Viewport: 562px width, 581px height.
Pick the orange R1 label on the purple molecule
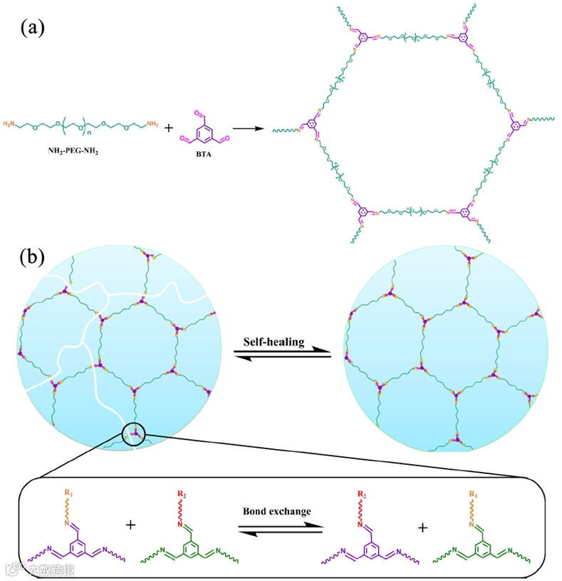[x=68, y=492]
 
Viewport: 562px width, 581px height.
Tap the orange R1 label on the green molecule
[x=472, y=492]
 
